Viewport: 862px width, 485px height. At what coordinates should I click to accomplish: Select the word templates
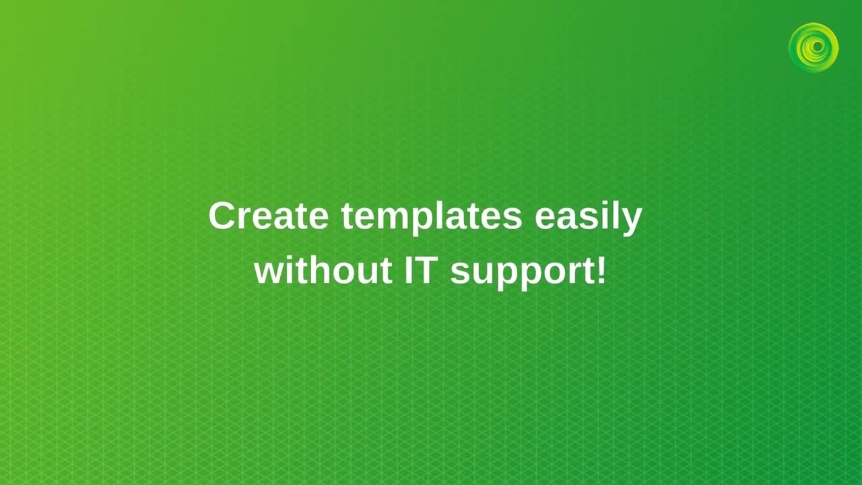click(x=431, y=217)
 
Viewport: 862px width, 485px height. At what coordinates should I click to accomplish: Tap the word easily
click(x=589, y=217)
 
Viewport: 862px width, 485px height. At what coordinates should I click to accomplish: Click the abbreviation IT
click(x=422, y=271)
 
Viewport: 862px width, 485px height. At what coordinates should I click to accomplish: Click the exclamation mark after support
click(x=601, y=271)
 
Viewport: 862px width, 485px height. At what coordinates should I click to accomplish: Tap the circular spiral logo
click(x=814, y=47)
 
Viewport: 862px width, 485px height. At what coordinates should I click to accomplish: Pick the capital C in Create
click(x=222, y=217)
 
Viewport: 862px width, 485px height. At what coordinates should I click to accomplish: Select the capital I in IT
click(x=409, y=271)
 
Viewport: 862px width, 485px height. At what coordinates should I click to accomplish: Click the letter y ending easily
click(x=632, y=220)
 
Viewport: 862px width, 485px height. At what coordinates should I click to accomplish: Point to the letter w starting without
click(x=269, y=272)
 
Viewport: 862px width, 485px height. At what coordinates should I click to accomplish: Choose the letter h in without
click(x=322, y=271)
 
